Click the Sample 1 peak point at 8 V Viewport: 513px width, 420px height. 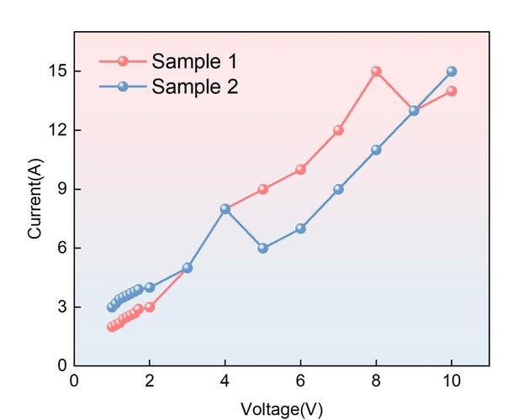(376, 71)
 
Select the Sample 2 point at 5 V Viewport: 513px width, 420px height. (262, 248)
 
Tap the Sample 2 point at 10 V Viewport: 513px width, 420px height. (452, 71)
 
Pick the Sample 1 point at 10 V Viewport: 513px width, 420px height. (452, 91)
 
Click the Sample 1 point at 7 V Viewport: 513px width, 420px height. (338, 130)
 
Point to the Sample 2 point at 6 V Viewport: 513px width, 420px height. (300, 228)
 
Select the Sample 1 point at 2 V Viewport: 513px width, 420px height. (150, 307)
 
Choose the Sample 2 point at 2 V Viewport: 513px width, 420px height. (150, 287)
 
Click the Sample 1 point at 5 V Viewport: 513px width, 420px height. (262, 189)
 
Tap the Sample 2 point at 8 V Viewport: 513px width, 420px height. (376, 150)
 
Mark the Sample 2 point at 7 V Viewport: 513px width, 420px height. (338, 189)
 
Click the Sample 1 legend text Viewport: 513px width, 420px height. (194, 61)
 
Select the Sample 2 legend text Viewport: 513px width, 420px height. (194, 86)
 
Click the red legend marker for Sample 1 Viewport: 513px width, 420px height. (123, 61)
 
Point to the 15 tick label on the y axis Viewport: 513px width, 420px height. (56, 71)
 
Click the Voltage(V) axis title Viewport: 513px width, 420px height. (282, 409)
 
